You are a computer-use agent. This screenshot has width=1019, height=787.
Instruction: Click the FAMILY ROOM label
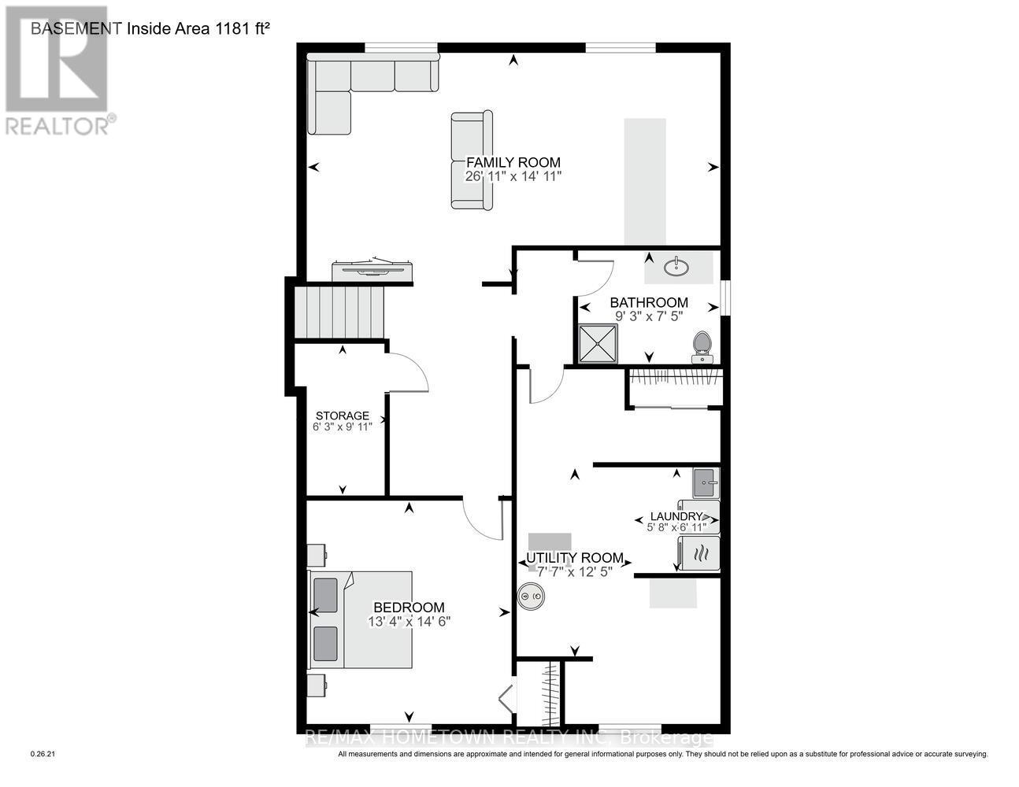[x=513, y=162]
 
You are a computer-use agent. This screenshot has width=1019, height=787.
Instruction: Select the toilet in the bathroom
[x=701, y=347]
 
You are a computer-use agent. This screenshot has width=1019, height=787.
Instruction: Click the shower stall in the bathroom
[x=598, y=344]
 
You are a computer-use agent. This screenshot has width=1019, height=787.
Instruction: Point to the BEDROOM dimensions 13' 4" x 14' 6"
[x=409, y=621]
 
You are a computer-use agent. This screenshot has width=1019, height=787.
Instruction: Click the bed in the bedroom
[x=362, y=620]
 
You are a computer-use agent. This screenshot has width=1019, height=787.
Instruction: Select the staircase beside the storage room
[x=339, y=312]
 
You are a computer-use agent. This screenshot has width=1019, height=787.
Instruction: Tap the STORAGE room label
[x=343, y=416]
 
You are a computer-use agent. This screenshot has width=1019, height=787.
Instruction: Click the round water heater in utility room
[x=530, y=598]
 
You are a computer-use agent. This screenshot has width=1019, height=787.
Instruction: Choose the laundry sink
[x=706, y=478]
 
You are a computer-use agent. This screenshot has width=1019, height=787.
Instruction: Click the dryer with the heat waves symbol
[x=698, y=553]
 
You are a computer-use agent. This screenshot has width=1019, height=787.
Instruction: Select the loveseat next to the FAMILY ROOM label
[x=471, y=161]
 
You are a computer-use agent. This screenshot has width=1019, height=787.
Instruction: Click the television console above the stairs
[x=372, y=271]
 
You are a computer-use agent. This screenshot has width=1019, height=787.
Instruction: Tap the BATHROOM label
[x=649, y=302]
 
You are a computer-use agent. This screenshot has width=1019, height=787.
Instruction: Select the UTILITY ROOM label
[x=575, y=558]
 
